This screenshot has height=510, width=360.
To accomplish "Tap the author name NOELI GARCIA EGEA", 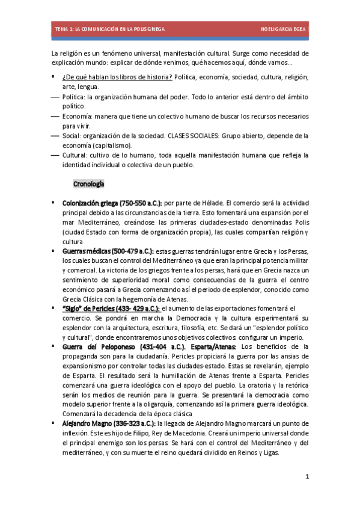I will tap(283, 29).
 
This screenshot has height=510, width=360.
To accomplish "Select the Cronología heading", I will tap(88, 183).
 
